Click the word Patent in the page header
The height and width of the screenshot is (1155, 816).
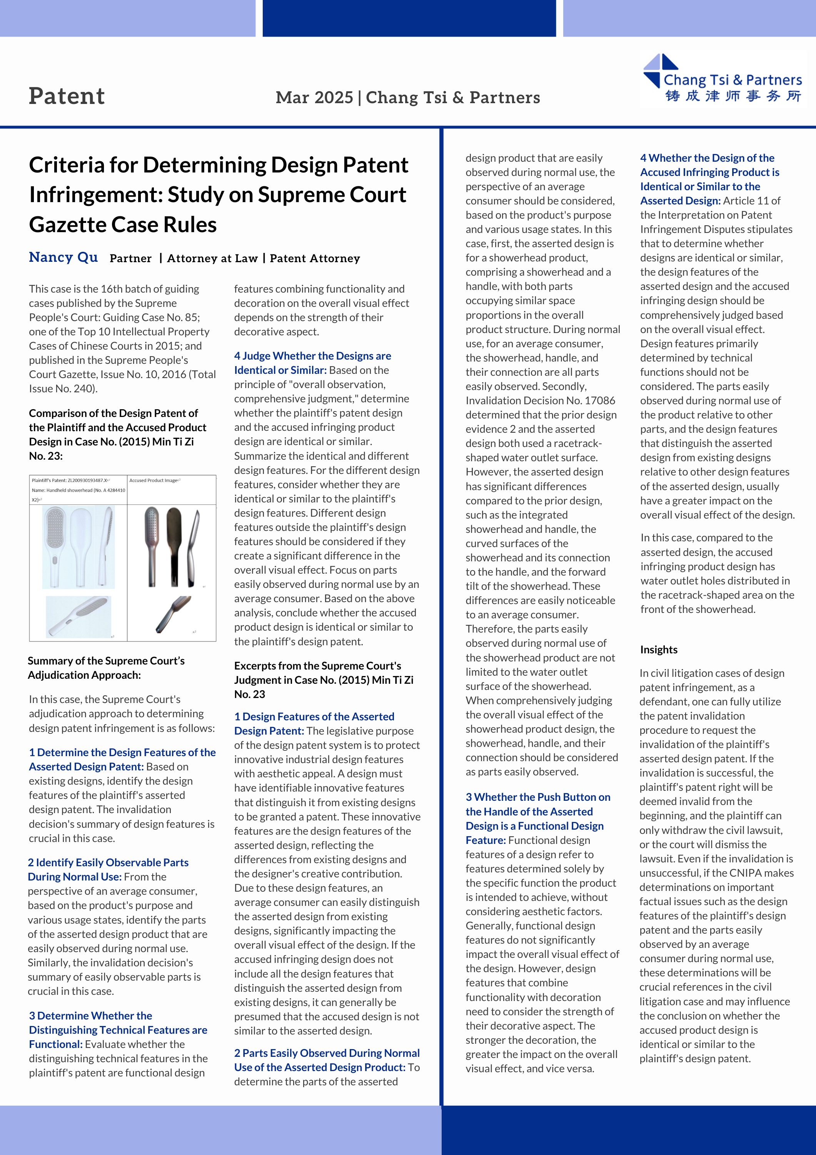pyautogui.click(x=67, y=96)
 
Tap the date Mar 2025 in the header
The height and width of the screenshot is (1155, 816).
pyautogui.click(x=314, y=97)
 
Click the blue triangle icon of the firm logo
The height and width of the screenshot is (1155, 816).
pyautogui.click(x=660, y=70)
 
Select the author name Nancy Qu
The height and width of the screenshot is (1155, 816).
pyautogui.click(x=63, y=257)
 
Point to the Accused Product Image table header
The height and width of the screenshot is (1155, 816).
pyautogui.click(x=154, y=480)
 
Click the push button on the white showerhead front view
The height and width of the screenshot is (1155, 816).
pyautogui.click(x=55, y=560)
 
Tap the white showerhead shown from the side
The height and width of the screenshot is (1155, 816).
pyautogui.click(x=107, y=546)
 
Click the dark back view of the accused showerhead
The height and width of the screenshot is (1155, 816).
pyautogui.click(x=174, y=546)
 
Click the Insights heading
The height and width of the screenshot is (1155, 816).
pyautogui.click(x=659, y=649)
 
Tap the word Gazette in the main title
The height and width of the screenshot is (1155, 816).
pyautogui.click(x=123, y=224)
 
